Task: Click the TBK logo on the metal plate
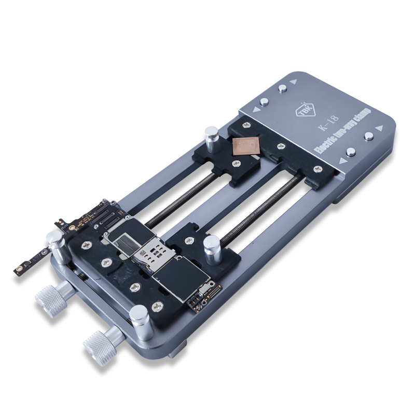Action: [x=302, y=110]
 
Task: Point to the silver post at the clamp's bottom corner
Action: [x=140, y=316]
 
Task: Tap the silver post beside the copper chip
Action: [x=211, y=138]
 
